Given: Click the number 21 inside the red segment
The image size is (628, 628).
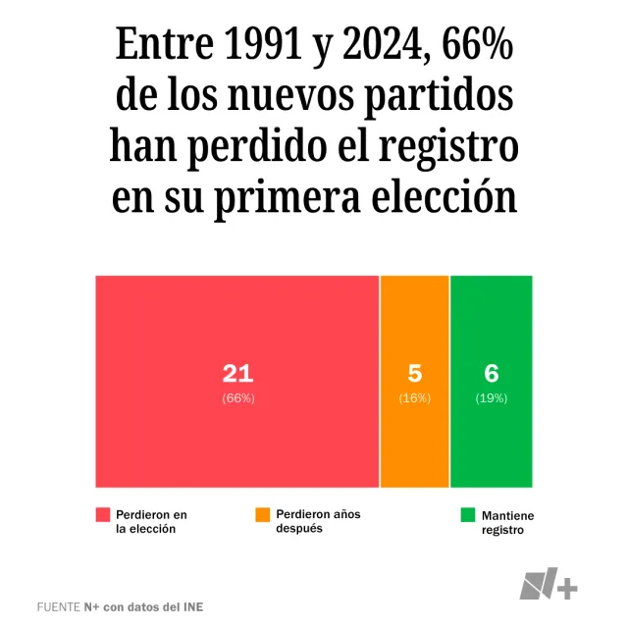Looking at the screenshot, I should [237, 373].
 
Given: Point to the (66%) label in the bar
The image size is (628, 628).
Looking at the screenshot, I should [237, 398].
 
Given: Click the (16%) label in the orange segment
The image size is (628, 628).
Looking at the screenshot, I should [414, 398].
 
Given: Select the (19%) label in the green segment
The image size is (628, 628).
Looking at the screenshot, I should [492, 398].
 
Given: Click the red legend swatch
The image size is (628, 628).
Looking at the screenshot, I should [102, 515].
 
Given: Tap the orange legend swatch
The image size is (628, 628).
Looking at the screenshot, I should [262, 515].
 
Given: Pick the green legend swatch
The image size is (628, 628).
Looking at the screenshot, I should [468, 515].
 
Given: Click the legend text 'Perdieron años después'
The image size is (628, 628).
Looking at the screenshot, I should [318, 521].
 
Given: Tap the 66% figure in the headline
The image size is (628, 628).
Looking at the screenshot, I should [477, 45].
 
